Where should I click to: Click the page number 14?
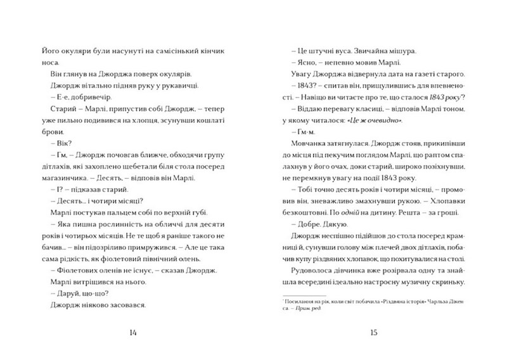tap(132, 333)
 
